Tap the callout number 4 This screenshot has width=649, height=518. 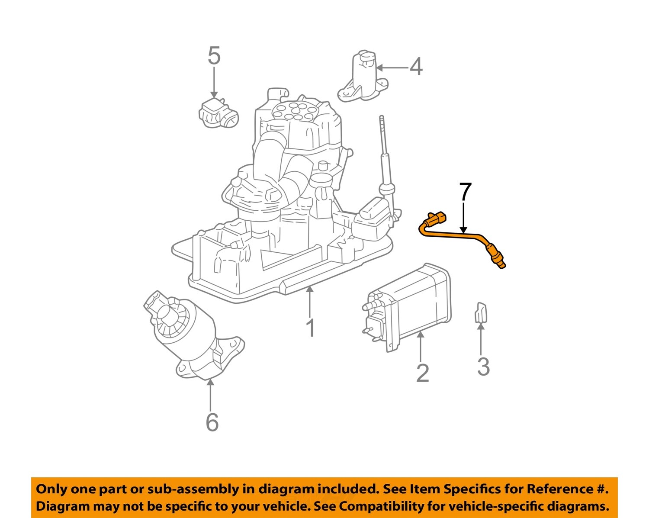[x=416, y=67]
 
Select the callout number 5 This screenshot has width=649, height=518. [x=214, y=56]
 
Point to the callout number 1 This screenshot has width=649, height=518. [x=310, y=328]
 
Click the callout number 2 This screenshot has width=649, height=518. [x=422, y=373]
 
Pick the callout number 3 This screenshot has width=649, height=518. [x=483, y=367]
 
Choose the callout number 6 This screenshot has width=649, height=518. [x=212, y=422]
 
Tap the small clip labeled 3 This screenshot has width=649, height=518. [x=480, y=312]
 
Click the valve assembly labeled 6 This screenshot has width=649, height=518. [x=190, y=338]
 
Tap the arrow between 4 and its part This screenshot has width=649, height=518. [x=392, y=68]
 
